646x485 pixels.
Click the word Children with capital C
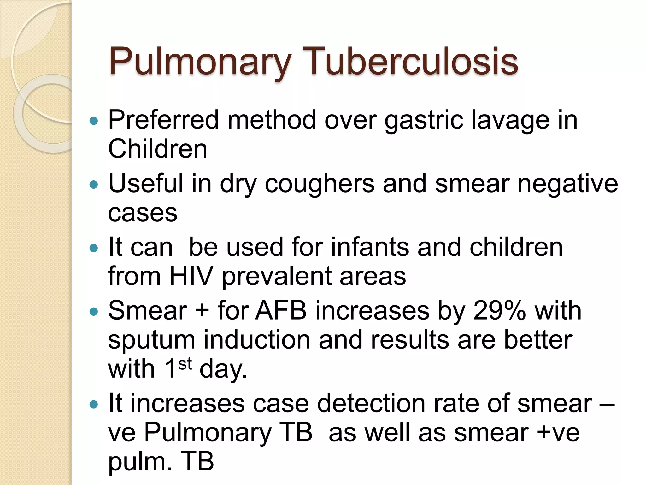pyautogui.click(x=157, y=149)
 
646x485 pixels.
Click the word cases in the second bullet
pyautogui.click(x=143, y=213)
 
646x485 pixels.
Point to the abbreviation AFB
pyautogui.click(x=281, y=311)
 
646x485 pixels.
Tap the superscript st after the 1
pyautogui.click(x=185, y=364)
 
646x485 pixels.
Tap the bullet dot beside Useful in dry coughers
pyautogui.click(x=94, y=184)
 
